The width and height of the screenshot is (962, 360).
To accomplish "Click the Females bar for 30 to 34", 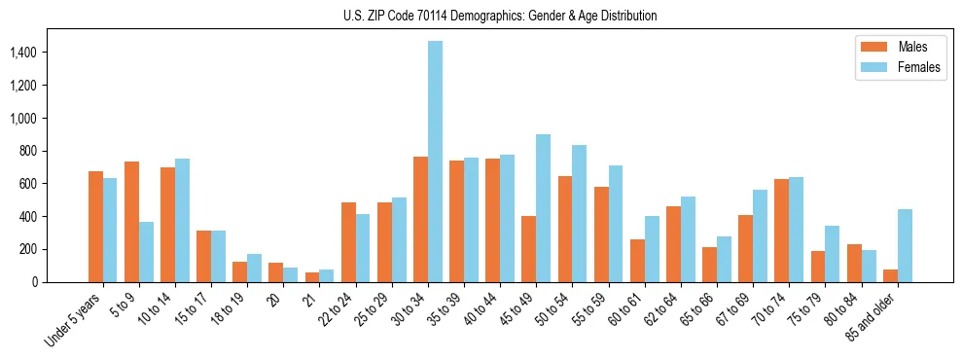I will click(435, 162).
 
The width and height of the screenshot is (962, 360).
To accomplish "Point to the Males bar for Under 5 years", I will click(95, 227).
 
